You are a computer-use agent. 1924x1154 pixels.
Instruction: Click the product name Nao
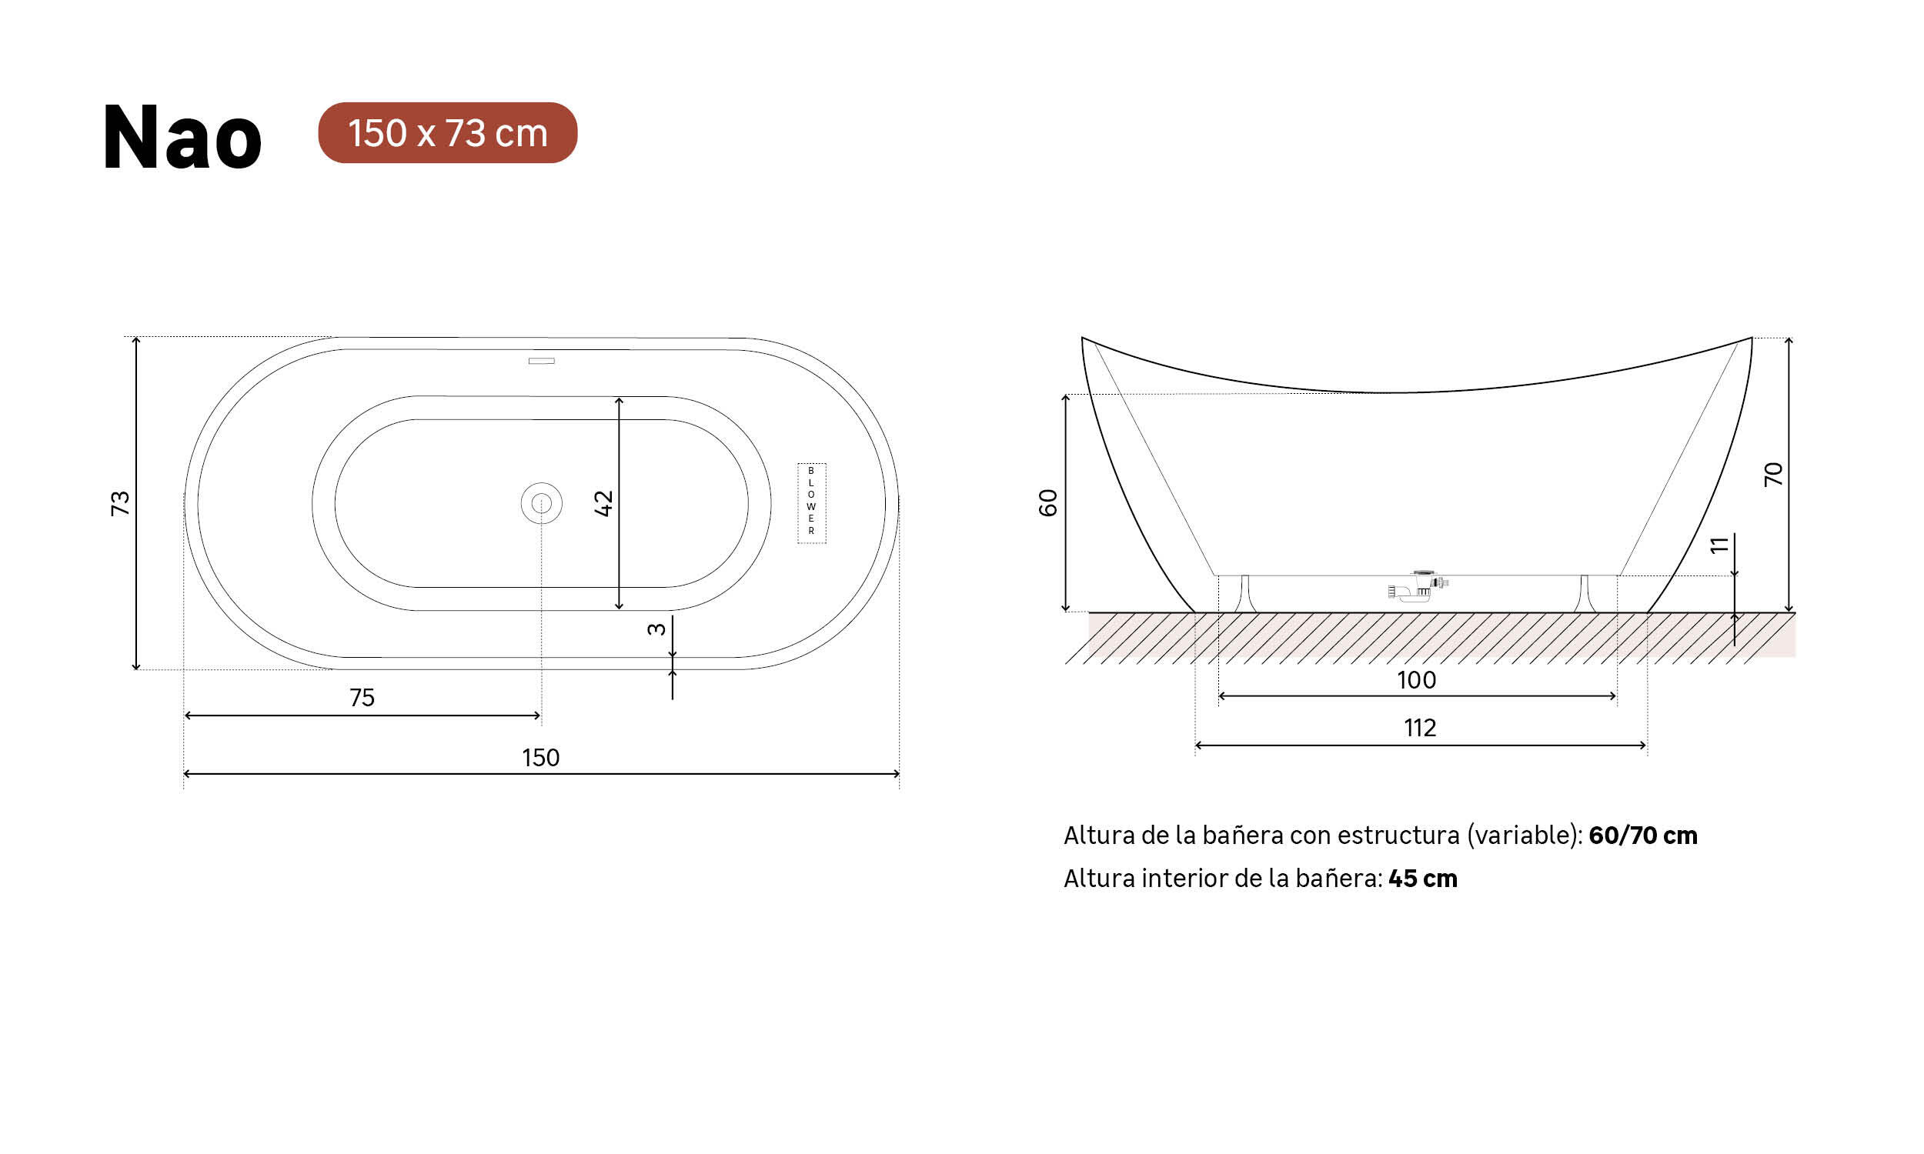182,137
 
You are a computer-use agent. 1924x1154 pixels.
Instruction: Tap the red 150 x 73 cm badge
447,133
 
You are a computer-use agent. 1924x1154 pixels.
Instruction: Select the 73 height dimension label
120,503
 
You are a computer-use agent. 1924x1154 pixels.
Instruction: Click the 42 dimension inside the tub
603,503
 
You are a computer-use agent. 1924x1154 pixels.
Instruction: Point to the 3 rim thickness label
656,629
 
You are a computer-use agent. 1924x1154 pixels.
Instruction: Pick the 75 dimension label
362,698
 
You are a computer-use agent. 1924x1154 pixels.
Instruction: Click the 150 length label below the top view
540,758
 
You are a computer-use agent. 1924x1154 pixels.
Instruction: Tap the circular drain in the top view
541,503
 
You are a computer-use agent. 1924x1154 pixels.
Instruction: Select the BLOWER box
811,502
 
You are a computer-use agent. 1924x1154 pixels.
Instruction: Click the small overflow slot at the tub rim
541,361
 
